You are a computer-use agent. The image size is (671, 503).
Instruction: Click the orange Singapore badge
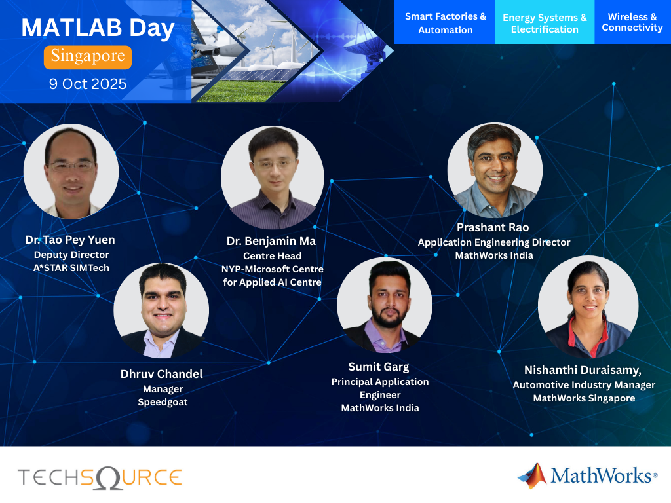point(88,57)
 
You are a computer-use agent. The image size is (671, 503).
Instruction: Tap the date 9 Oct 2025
point(88,84)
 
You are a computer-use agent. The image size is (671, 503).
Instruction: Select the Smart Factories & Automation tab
point(445,23)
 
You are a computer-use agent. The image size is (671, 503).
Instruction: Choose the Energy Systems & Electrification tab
point(545,23)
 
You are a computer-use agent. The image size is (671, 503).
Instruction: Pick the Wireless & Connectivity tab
point(632,22)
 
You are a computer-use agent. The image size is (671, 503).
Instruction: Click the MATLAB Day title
point(98,28)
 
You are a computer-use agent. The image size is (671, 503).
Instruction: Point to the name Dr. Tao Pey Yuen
point(70,240)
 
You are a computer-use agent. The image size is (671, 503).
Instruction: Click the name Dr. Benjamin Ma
point(271,241)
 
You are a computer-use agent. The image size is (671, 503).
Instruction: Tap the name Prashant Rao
point(493,227)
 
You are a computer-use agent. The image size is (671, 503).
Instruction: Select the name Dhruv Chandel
point(162,374)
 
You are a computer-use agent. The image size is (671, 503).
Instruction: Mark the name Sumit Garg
point(379,367)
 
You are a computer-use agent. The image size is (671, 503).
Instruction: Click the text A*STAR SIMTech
point(71,267)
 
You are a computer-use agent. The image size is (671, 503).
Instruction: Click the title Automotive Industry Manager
point(584,385)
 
